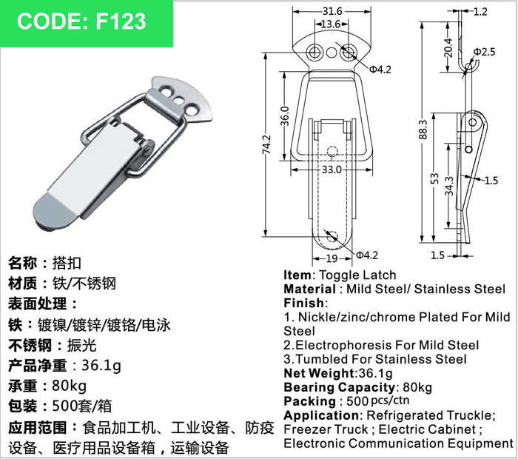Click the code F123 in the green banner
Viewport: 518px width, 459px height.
(121, 21)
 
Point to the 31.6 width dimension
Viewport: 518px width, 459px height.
(332, 11)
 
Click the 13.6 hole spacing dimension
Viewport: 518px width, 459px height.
(330, 24)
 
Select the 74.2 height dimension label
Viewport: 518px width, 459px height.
(266, 144)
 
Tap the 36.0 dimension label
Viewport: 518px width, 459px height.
(284, 116)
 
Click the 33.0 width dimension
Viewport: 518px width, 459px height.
(332, 170)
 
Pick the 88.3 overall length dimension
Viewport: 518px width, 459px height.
(423, 130)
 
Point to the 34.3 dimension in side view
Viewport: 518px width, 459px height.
(449, 186)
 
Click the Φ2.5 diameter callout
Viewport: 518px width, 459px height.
(484, 52)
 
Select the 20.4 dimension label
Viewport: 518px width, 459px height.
(448, 47)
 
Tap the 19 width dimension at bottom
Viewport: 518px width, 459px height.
(332, 258)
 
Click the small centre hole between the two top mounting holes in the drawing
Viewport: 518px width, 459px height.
(332, 53)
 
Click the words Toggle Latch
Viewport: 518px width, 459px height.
(357, 275)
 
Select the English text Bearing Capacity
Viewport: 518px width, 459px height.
(339, 387)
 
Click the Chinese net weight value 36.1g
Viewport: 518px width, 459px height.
(101, 366)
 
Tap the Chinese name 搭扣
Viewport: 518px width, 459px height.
(67, 264)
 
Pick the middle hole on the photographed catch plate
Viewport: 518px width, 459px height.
(179, 99)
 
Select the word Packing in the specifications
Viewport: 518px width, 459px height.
(309, 401)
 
